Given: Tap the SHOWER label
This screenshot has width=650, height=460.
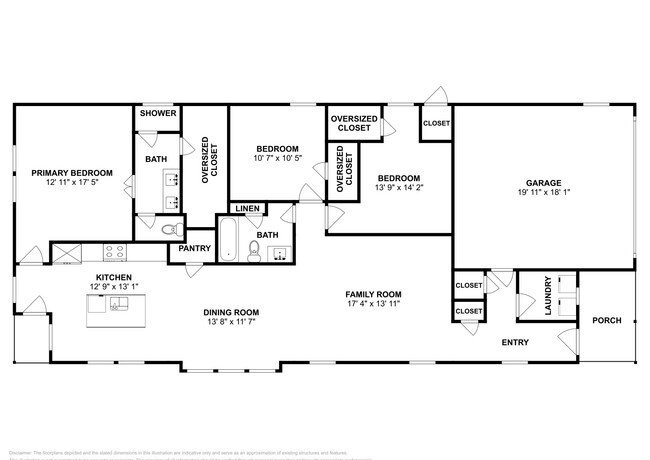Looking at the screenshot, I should [157, 114].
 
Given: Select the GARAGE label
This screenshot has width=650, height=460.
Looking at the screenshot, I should [543, 183].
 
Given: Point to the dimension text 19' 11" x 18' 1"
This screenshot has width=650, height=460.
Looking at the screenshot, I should [543, 194].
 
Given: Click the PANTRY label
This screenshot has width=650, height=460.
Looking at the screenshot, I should [193, 248].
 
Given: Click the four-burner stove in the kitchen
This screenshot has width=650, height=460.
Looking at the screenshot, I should [111, 253].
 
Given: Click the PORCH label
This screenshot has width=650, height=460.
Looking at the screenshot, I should [606, 321].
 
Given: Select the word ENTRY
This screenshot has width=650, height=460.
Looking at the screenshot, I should [515, 342].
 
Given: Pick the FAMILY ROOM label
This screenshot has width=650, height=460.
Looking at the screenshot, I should [373, 294].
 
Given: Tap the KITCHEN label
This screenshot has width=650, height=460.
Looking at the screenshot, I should [114, 277].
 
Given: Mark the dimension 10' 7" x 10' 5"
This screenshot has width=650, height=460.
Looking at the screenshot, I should [272, 158].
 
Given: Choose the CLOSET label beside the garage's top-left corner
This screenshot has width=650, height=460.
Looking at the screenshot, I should [436, 123].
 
